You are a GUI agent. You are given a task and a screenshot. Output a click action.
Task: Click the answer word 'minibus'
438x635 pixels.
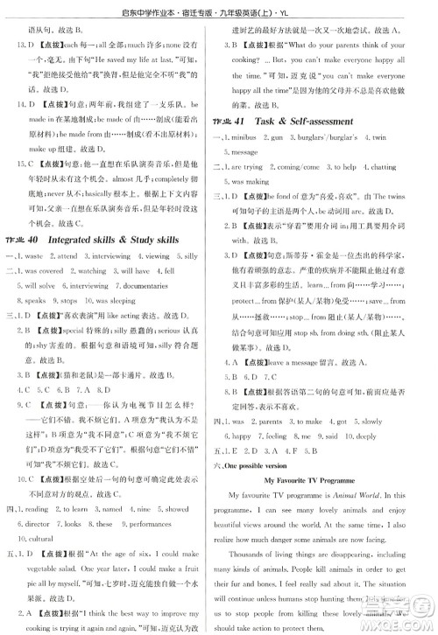click(259, 137)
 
